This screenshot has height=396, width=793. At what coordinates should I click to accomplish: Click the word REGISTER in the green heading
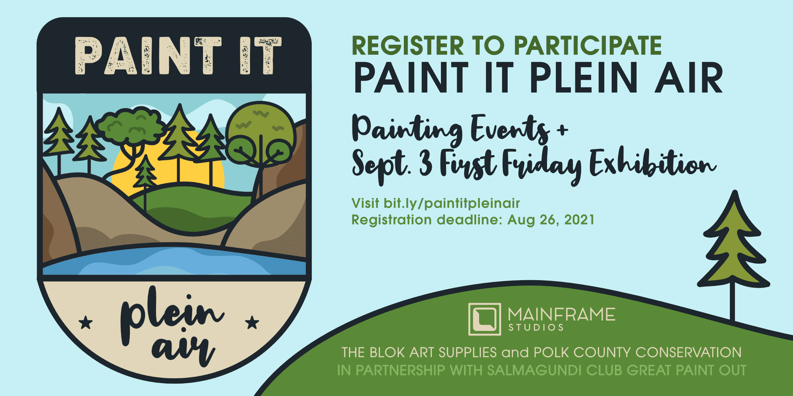pos(408,46)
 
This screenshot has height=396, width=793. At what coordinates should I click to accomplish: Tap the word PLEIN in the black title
pos(584,78)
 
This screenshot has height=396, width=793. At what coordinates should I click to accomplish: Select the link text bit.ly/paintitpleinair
pos(452,203)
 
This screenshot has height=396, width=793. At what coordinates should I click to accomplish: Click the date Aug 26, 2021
pos(551,220)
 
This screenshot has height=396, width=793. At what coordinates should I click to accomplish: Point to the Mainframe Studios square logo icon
pos(485,319)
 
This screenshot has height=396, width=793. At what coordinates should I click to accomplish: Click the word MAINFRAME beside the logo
pos(562,315)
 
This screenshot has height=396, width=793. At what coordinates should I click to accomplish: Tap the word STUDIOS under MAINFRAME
pos(536,327)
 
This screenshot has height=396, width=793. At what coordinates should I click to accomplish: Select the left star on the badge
pos(86,322)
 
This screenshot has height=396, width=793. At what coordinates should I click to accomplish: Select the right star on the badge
pos(252,322)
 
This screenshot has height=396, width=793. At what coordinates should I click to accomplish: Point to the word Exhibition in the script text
pos(653,163)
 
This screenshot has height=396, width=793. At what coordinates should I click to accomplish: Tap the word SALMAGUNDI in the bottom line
pos(535,370)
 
